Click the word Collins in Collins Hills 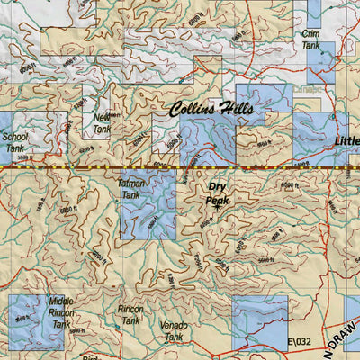coord(199,110)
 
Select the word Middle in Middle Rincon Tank coord(61,301)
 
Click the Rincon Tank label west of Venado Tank coord(130,314)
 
